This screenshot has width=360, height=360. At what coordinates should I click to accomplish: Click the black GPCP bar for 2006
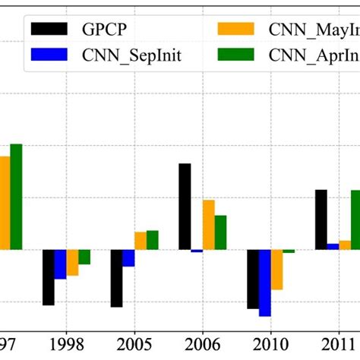[x=185, y=207]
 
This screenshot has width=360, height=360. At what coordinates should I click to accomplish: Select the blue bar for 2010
[x=265, y=283]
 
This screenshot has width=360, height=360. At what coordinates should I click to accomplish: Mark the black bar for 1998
[x=49, y=277]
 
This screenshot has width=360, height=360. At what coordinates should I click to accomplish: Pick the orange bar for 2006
[x=208, y=225]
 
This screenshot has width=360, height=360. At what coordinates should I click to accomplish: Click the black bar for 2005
[x=117, y=278]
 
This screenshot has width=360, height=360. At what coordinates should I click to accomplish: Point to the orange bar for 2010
[x=277, y=270]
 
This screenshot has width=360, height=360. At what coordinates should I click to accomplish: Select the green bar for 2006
[x=220, y=232]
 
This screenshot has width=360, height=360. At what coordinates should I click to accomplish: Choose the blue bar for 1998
[x=60, y=264]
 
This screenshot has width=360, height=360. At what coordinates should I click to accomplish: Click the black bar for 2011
[x=321, y=219]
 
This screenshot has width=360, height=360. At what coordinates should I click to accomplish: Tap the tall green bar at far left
[x=16, y=197]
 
